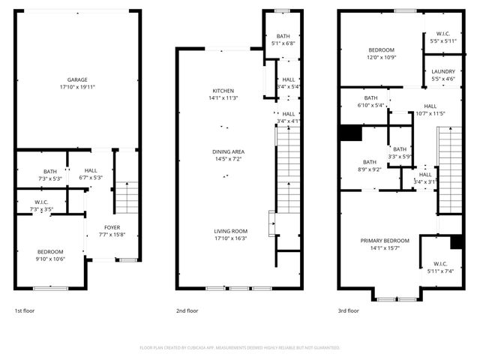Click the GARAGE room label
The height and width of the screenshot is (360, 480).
point(77,79)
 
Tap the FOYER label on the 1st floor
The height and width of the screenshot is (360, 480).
point(112,227)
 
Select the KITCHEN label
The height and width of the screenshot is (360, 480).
point(223,91)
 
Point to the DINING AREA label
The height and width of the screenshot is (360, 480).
point(228,152)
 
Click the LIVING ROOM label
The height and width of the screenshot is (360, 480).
point(229,231)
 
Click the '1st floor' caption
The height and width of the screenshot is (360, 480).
point(24,310)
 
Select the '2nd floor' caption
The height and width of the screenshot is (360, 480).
point(187,310)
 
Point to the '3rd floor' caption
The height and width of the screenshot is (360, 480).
point(348,310)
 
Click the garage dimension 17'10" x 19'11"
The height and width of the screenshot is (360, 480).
point(77,86)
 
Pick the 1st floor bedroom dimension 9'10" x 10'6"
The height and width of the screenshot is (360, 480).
point(51,259)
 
